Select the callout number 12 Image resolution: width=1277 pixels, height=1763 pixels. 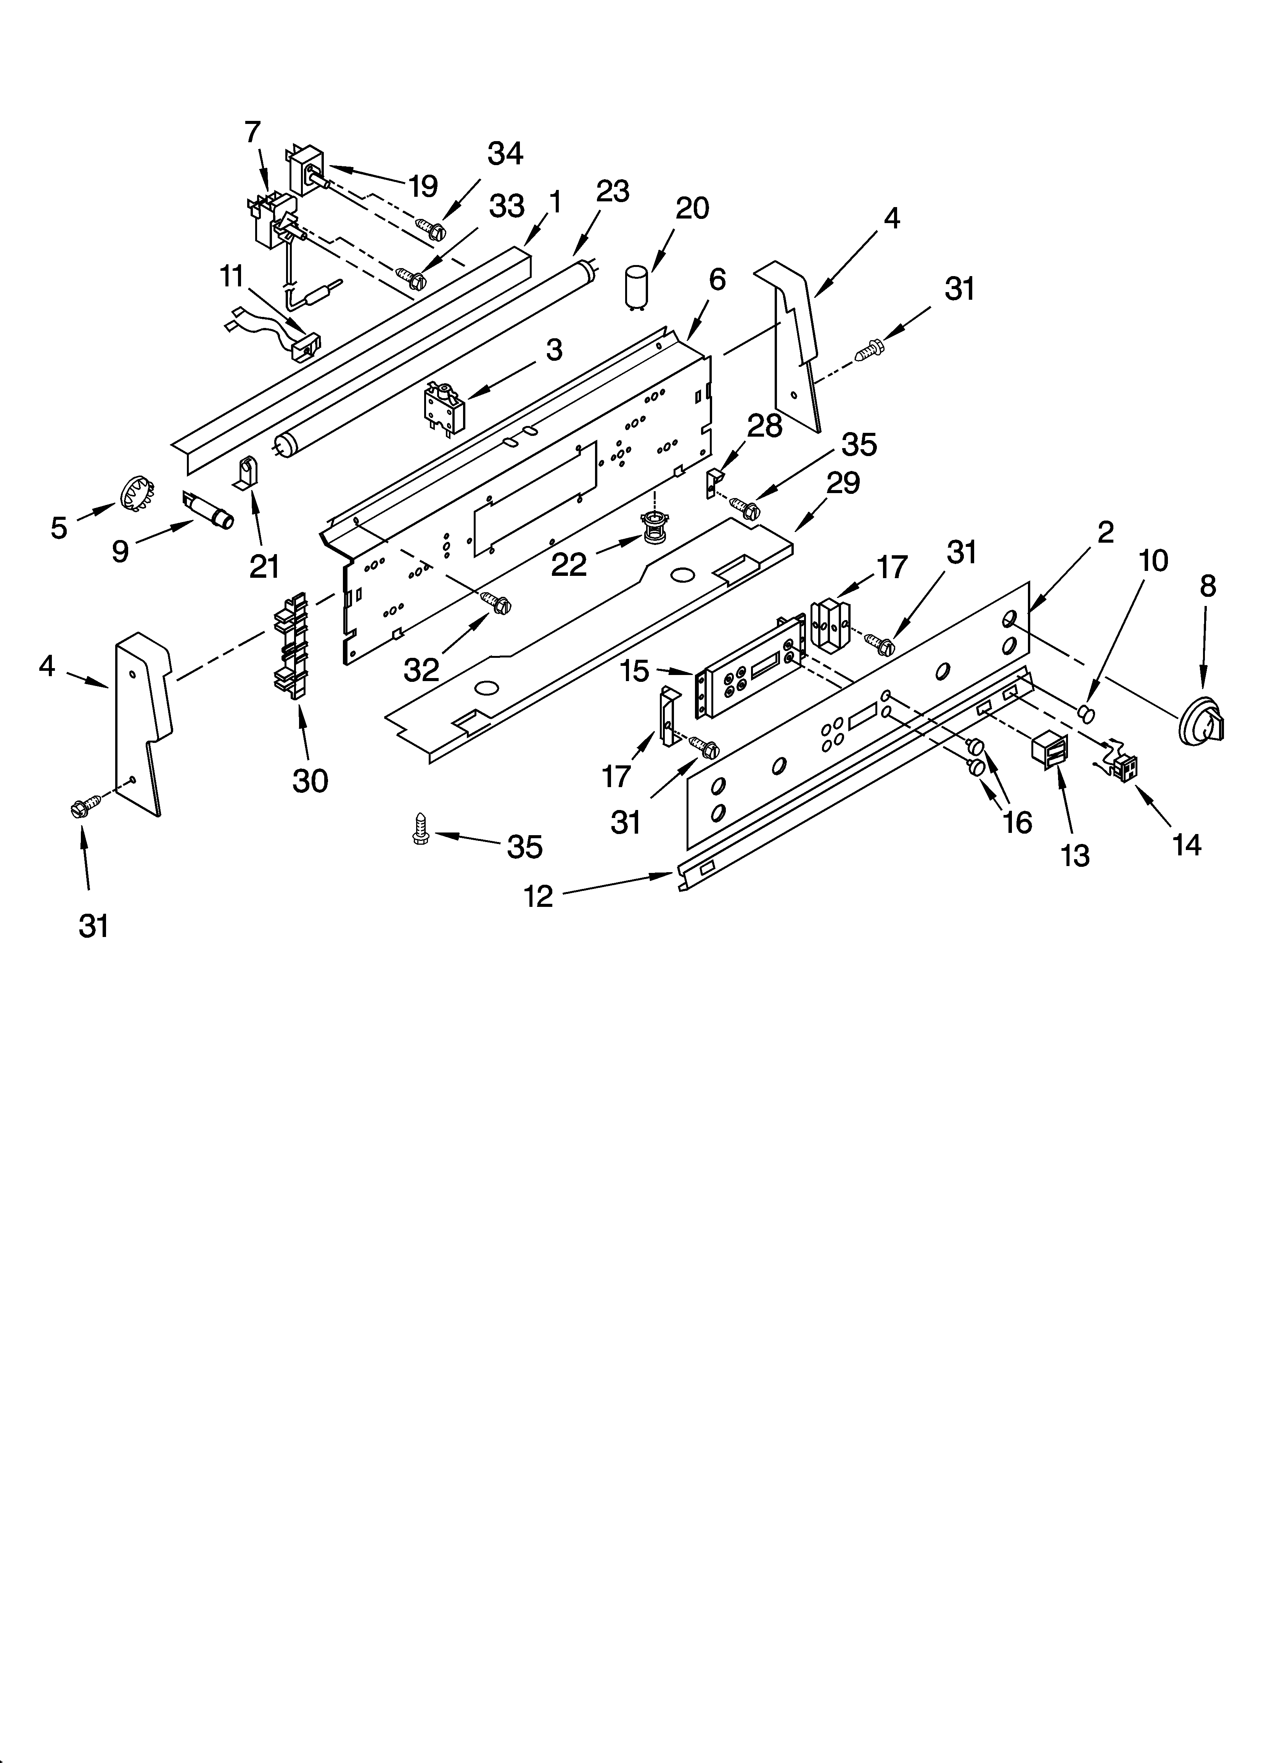coord(538,896)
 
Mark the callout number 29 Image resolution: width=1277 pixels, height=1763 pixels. coord(842,484)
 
